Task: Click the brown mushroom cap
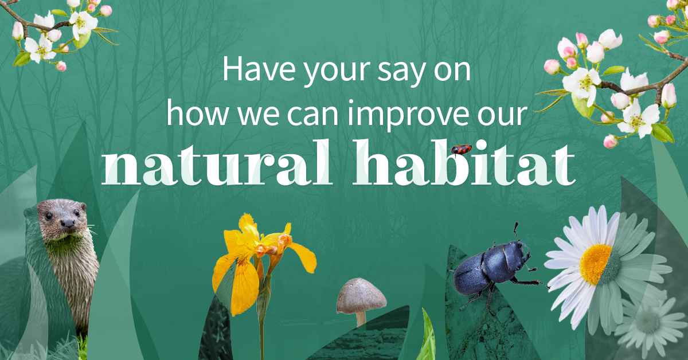[x=361, y=294]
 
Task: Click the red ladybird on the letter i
[x=461, y=150]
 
